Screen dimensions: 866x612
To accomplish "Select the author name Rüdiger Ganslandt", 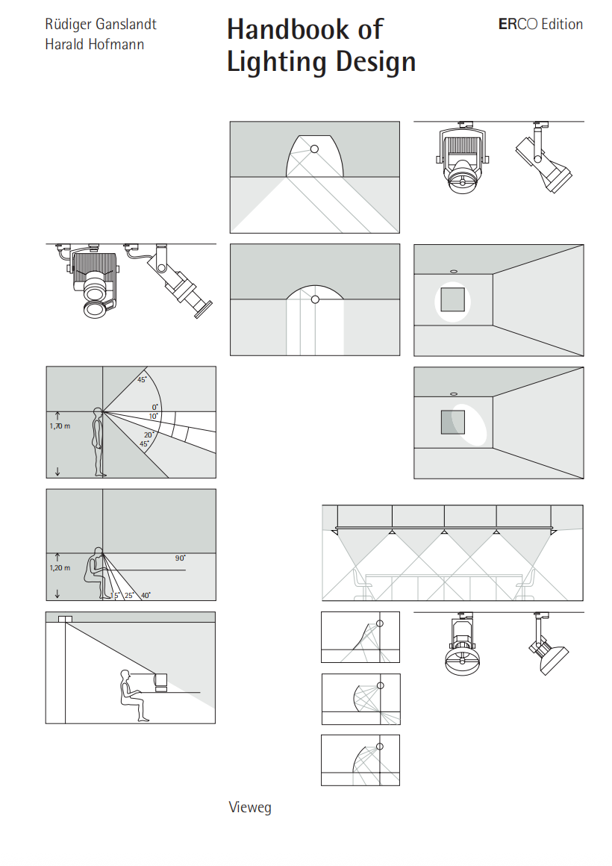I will click(x=100, y=25).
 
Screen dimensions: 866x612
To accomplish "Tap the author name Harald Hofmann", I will click(x=94, y=45).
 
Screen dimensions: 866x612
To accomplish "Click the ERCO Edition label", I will click(x=540, y=25).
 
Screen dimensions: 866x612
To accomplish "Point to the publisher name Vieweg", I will click(x=249, y=808).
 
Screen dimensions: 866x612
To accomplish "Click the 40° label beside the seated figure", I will click(x=146, y=596).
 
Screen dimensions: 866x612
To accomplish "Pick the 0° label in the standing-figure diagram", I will click(x=154, y=408).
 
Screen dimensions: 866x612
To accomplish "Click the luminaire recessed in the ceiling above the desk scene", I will click(x=65, y=619).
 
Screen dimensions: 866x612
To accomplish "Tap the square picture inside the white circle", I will click(x=452, y=300).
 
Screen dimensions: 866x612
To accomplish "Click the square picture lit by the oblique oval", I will click(x=452, y=423).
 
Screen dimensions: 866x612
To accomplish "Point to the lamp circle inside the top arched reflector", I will click(x=315, y=149).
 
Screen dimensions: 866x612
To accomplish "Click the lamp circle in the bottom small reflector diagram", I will click(x=380, y=747).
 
